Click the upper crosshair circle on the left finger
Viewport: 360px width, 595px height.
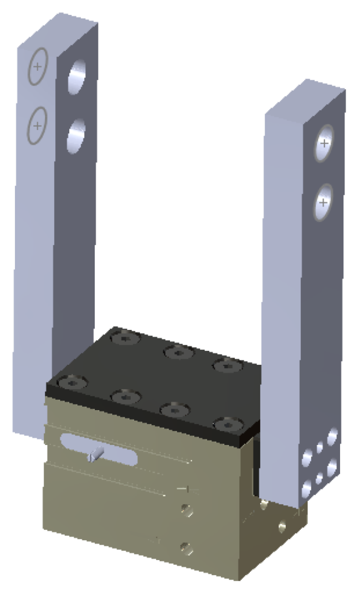[37, 67]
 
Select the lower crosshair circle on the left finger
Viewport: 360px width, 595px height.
[37, 126]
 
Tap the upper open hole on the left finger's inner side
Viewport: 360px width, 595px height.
[77, 78]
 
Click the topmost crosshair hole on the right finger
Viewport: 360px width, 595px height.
[324, 144]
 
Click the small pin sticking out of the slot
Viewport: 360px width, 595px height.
[94, 455]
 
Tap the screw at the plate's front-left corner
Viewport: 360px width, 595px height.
[71, 381]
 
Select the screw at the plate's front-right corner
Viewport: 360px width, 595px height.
[227, 425]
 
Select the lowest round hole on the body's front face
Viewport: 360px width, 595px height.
[187, 549]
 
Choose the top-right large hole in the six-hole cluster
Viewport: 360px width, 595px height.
[332, 437]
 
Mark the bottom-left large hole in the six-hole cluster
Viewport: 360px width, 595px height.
[306, 488]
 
